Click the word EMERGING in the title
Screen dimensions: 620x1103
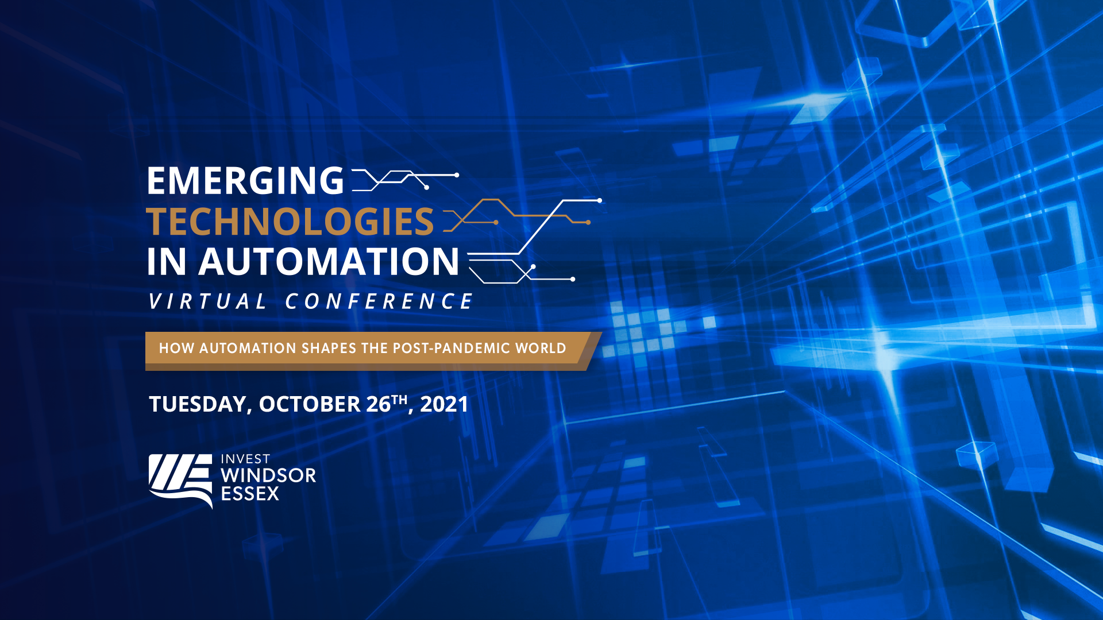(245, 181)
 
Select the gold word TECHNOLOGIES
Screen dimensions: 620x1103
(290, 222)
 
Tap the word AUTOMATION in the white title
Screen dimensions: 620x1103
(329, 262)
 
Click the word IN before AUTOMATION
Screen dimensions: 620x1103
(167, 262)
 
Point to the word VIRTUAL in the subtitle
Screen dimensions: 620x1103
(208, 301)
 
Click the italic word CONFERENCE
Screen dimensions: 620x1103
(379, 301)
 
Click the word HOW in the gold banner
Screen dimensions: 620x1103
(176, 348)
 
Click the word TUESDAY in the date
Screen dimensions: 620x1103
(198, 404)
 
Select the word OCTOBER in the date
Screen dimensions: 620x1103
(310, 404)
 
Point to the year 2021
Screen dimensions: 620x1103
(444, 404)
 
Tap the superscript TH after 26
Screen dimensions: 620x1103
(399, 399)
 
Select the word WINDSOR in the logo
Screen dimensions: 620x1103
(268, 476)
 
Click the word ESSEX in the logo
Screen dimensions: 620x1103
(250, 494)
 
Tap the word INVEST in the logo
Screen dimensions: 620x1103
(245, 459)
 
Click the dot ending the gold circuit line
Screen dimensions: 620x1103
(588, 222)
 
